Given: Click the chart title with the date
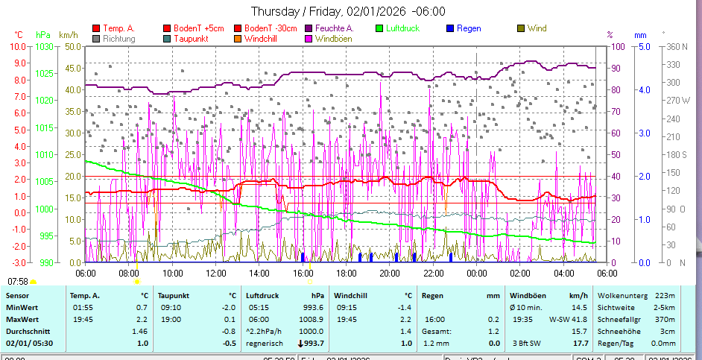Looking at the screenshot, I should pyautogui.click(x=348, y=11).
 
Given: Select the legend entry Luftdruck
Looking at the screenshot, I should pyautogui.click(x=402, y=28).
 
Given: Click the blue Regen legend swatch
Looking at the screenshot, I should pyautogui.click(x=450, y=28).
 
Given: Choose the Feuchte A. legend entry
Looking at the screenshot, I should pyautogui.click(x=333, y=28).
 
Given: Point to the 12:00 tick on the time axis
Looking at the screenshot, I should pyautogui.click(x=215, y=274).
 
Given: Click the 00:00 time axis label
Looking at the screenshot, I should pyautogui.click(x=477, y=274).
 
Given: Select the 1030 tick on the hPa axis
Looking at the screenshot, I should pyautogui.click(x=44, y=46).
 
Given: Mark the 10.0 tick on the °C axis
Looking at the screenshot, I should pyautogui.click(x=18, y=46).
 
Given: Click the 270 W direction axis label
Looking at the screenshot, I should pyautogui.click(x=675, y=100).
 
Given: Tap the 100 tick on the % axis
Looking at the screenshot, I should pyautogui.click(x=616, y=46).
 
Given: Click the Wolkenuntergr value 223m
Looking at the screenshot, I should pyautogui.click(x=665, y=296).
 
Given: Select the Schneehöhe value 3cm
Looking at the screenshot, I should pyautogui.click(x=669, y=331).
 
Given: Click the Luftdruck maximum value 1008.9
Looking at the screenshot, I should pyautogui.click(x=311, y=319).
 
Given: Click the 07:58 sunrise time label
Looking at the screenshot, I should pyautogui.click(x=17, y=281).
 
